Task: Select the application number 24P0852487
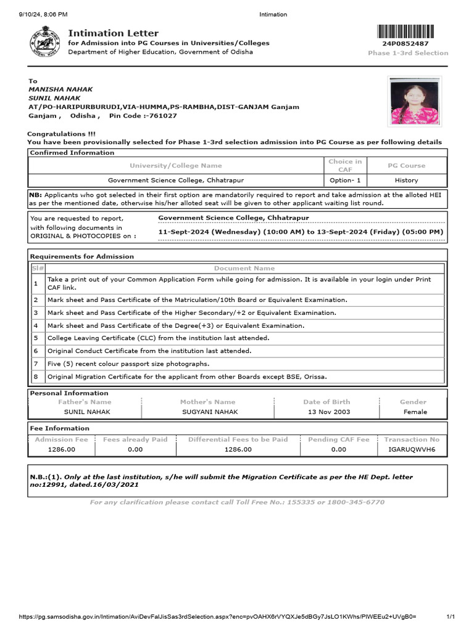tap(405, 44)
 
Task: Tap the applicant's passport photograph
tap(414, 100)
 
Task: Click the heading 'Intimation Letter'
tap(113, 33)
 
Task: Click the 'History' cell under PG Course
tap(406, 181)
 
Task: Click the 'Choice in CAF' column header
tap(345, 165)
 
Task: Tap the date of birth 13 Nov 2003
tap(329, 412)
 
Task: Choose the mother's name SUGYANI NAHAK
tap(208, 412)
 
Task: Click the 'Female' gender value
tap(415, 412)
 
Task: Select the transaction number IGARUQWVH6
tap(412, 450)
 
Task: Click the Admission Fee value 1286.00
tap(61, 450)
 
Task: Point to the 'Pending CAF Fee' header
tap(338, 439)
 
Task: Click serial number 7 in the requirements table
tap(36, 364)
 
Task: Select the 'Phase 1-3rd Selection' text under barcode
tap(408, 53)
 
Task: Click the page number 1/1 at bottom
tap(450, 617)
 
